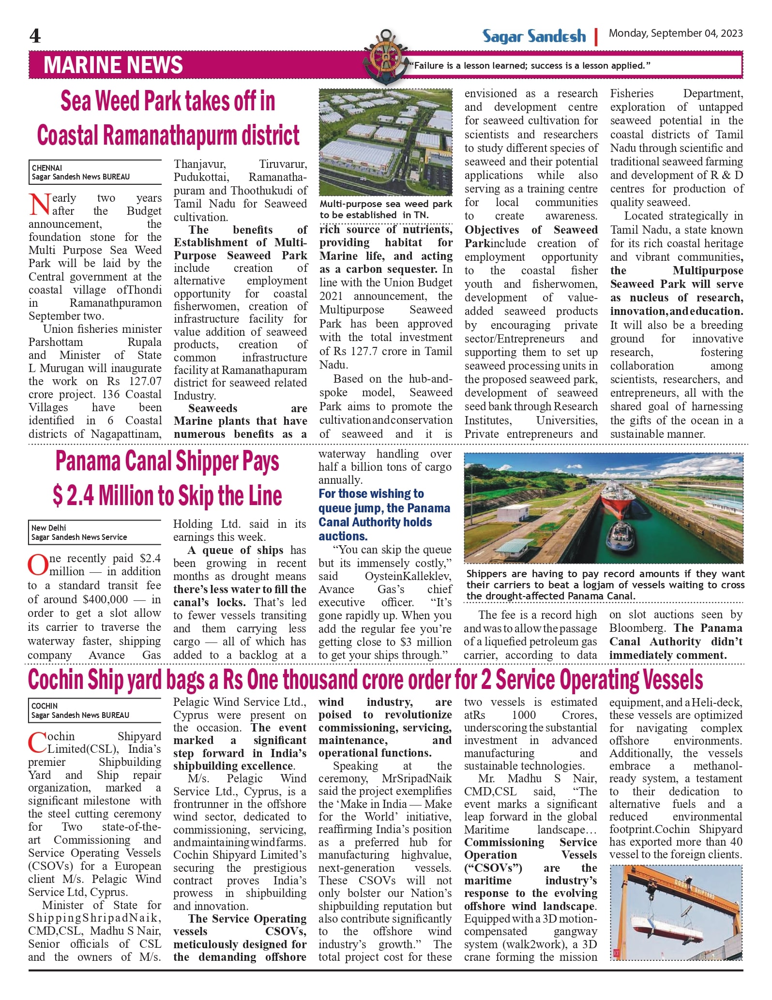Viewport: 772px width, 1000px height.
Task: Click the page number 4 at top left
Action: [35, 36]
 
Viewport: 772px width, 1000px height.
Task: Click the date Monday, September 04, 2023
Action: [675, 33]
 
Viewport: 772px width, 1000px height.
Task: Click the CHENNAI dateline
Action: [47, 168]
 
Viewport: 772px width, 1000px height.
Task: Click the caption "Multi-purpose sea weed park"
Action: [385, 204]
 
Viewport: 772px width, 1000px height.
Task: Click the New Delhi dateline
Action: [48, 528]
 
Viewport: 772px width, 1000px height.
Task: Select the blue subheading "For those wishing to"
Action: [371, 494]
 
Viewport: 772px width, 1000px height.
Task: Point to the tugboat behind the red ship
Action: [622, 537]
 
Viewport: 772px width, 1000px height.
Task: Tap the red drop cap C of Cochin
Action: [37, 743]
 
